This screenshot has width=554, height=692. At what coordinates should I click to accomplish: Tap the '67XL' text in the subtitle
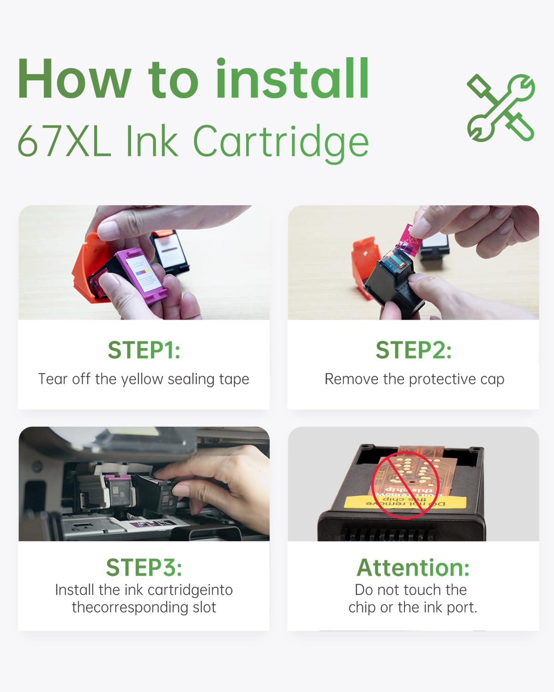(x=64, y=141)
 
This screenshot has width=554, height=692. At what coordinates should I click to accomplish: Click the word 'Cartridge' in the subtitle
(x=281, y=143)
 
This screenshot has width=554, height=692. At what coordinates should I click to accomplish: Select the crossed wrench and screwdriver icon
(x=500, y=108)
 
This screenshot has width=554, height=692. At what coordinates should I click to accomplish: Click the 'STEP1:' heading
(x=144, y=350)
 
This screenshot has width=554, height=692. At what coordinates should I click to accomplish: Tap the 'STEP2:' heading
(x=414, y=350)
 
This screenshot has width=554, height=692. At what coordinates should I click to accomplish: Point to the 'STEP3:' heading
(x=144, y=567)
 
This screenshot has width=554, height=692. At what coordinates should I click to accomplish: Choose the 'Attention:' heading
(x=413, y=567)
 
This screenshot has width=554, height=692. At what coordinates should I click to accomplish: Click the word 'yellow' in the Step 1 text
(x=142, y=380)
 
